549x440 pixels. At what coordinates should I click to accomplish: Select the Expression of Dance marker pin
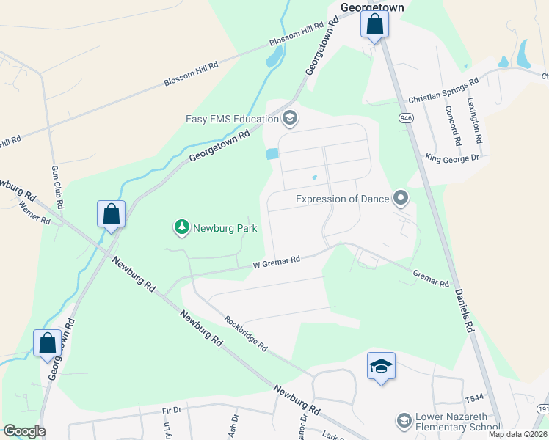pos(401,198)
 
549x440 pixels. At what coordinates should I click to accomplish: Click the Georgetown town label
pos(374,7)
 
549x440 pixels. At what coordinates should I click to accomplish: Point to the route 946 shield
pos(405,117)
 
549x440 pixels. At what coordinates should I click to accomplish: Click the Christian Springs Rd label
pos(443,89)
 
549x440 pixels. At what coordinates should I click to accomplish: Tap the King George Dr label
pos(452,157)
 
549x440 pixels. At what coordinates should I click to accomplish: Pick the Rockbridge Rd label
pos(246,333)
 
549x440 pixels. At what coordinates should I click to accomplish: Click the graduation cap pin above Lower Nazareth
pos(381,365)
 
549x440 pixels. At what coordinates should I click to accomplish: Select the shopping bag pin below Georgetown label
pos(374,25)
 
